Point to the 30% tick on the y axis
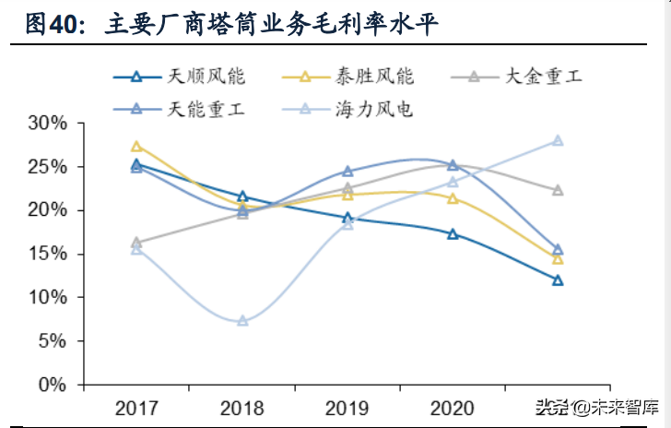pyautogui.click(x=47, y=123)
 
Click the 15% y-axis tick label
pyautogui.click(x=47, y=254)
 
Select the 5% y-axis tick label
pyautogui.click(x=52, y=340)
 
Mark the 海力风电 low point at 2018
pyautogui.click(x=242, y=321)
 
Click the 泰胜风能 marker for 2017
pyautogui.click(x=136, y=146)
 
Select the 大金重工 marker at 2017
pyautogui.click(x=136, y=243)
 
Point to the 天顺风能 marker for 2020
pyautogui.click(x=453, y=233)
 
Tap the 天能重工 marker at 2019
pyautogui.click(x=347, y=171)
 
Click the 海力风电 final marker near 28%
pyautogui.click(x=558, y=140)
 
